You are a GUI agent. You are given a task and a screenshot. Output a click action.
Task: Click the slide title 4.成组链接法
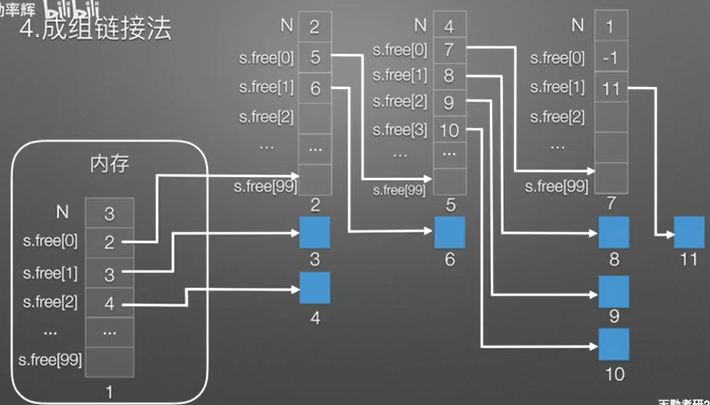(x=96, y=29)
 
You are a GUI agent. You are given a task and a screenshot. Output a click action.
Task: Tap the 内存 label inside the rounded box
(x=109, y=164)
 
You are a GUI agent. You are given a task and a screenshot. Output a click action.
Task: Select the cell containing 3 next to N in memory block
(x=110, y=214)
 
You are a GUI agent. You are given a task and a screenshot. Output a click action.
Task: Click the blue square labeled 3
(x=314, y=233)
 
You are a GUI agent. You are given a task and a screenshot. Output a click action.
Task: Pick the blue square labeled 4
(x=314, y=288)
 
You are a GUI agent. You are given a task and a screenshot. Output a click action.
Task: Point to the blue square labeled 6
(x=449, y=233)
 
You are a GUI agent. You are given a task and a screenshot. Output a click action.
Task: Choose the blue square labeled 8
(x=613, y=233)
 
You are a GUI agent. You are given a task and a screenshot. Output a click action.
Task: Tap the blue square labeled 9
(x=613, y=292)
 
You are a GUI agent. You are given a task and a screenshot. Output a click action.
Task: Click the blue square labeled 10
(x=613, y=344)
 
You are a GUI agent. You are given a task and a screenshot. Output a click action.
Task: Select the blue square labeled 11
(x=689, y=233)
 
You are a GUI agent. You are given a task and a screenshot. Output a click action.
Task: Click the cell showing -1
(x=611, y=58)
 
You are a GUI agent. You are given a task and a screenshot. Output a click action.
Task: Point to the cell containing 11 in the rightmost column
(x=611, y=89)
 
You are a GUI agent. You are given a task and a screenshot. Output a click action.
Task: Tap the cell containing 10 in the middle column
(x=449, y=130)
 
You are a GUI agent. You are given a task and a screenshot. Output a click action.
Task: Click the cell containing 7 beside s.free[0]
(x=449, y=50)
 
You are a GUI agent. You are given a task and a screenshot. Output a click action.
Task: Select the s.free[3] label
(x=399, y=130)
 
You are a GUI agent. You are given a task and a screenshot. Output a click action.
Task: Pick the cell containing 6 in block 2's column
(x=315, y=88)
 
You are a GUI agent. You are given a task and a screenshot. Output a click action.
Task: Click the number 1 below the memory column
(x=109, y=391)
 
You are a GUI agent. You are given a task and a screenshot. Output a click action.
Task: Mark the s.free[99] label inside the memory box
(x=50, y=360)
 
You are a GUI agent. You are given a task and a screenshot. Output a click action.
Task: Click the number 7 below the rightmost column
(x=611, y=203)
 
